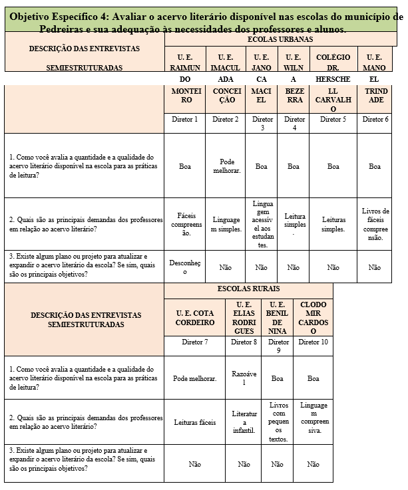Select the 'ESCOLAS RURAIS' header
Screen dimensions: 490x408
tap(248, 289)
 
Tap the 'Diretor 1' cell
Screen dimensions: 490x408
tap(186, 119)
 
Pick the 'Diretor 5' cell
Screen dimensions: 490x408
tap(333, 119)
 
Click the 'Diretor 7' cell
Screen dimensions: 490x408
tap(195, 342)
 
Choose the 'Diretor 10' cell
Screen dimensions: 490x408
tap(313, 342)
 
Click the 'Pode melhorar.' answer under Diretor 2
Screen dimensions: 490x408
tap(226, 166)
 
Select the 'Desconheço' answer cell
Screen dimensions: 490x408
tap(186, 267)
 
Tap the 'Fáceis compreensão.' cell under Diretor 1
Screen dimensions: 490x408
tap(186, 225)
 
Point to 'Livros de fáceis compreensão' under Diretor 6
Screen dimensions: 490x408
tap(375, 224)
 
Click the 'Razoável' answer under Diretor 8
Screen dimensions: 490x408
tap(244, 378)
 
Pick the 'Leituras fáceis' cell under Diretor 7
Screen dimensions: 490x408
tap(195, 422)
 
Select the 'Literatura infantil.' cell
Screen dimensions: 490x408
tap(244, 422)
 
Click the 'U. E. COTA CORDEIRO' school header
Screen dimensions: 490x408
tap(195, 317)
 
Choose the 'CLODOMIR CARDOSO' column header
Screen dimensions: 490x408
tap(313, 317)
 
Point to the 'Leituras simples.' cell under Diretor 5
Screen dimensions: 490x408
tap(333, 224)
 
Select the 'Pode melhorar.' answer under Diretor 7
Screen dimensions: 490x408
tap(195, 378)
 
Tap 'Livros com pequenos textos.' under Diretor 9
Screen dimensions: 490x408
tap(279, 422)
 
